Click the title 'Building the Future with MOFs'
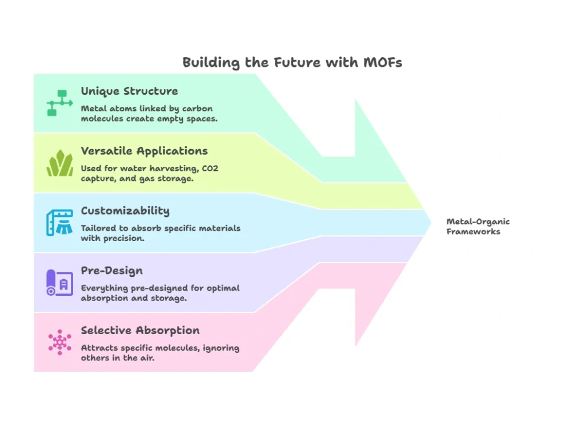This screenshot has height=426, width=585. tap(292, 62)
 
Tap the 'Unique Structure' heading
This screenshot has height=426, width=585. tap(129, 91)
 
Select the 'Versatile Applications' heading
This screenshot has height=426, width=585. tap(144, 151)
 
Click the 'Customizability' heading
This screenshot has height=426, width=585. tap(125, 211)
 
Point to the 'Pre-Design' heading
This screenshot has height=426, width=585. tap(111, 271)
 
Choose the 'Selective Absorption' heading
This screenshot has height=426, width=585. tap(140, 331)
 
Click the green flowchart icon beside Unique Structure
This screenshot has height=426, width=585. tap(59, 103)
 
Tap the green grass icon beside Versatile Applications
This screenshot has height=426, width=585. tap(59, 163)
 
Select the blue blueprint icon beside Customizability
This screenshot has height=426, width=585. tap(59, 223)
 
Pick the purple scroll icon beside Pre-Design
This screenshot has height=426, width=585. tap(59, 283)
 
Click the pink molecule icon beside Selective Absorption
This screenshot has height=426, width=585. tap(59, 342)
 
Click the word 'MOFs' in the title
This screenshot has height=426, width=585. tap(383, 62)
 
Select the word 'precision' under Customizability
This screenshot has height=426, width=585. tap(122, 239)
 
